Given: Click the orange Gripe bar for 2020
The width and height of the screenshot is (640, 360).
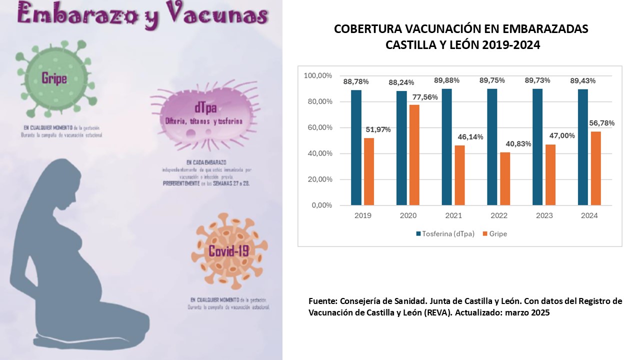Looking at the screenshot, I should pos(414,154).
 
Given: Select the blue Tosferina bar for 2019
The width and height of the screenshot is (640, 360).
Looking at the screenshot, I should pos(356,147).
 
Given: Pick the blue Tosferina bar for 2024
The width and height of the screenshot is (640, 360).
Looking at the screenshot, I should pos(582,147).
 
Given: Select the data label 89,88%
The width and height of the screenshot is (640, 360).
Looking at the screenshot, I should pos(446,80).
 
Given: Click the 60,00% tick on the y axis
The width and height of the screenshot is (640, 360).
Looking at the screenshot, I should pos(317,127).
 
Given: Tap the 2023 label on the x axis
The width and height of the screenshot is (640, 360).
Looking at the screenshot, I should pos(544,216).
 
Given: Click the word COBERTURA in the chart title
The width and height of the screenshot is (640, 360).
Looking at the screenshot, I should pos(368,29).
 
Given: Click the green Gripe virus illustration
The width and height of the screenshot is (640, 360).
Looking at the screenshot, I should pos(53,78).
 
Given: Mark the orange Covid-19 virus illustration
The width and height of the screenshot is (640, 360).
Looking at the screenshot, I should pos(228,250).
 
